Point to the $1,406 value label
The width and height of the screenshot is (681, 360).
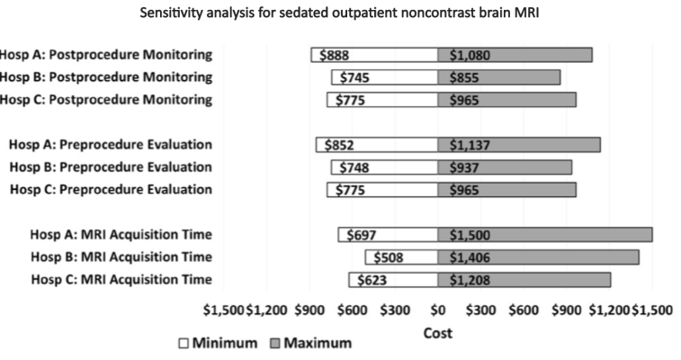click(469, 257)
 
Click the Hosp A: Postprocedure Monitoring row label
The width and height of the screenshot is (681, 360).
click(106, 55)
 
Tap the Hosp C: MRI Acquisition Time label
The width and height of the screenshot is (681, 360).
click(121, 279)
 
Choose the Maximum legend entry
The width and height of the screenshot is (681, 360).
click(309, 343)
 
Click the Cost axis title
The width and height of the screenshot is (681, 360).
click(438, 333)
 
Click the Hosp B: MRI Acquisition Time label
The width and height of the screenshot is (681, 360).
click(121, 256)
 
